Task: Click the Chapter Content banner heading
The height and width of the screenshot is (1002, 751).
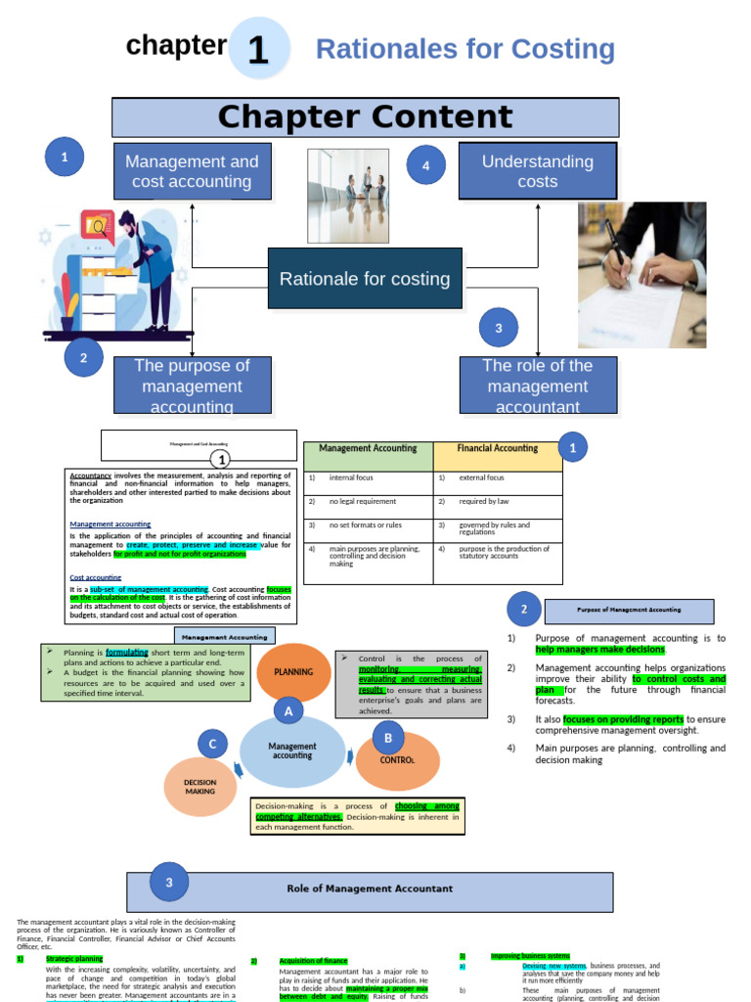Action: pyautogui.click(x=365, y=117)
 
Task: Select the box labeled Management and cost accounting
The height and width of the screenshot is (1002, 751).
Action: pyautogui.click(x=192, y=171)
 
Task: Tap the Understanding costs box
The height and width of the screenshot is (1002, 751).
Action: pyautogui.click(x=538, y=171)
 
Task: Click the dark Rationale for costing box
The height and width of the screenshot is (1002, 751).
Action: pyautogui.click(x=365, y=279)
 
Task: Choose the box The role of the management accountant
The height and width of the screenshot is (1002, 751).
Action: pyautogui.click(x=538, y=386)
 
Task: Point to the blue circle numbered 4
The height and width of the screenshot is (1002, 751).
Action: pyautogui.click(x=425, y=166)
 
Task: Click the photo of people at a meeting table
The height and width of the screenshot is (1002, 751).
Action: pyautogui.click(x=348, y=196)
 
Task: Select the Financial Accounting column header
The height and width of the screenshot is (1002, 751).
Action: pyautogui.click(x=498, y=448)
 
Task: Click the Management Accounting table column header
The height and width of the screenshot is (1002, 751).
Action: pyautogui.click(x=368, y=448)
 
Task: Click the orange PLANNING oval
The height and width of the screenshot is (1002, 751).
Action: pyautogui.click(x=293, y=672)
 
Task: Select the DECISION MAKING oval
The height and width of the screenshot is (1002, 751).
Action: pyautogui.click(x=200, y=788)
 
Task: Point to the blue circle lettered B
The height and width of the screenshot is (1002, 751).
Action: pyautogui.click(x=388, y=738)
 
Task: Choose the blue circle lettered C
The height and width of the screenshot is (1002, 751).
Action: pyautogui.click(x=212, y=745)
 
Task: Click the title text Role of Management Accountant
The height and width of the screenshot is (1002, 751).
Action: pyautogui.click(x=370, y=888)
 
